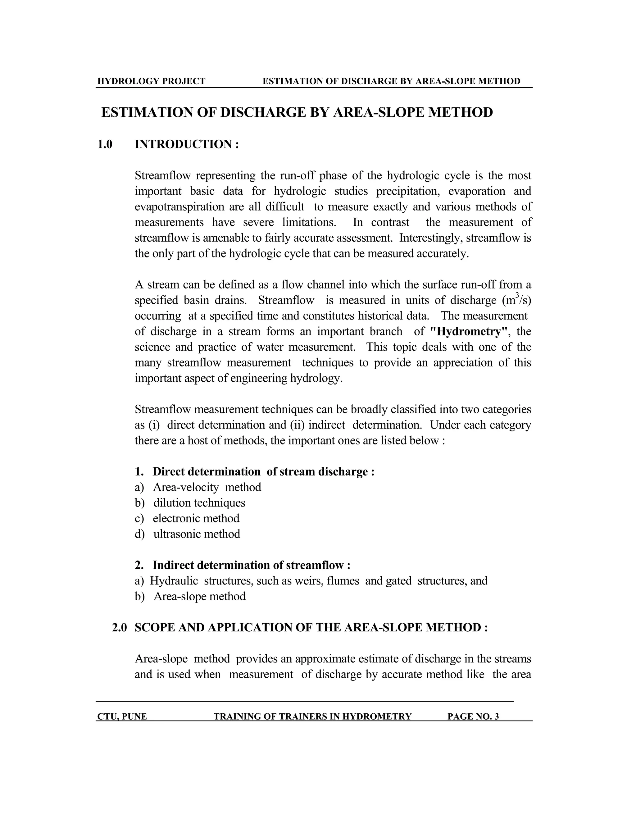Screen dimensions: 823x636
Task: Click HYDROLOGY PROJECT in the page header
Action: tap(151, 81)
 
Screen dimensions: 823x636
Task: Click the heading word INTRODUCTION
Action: tap(183, 144)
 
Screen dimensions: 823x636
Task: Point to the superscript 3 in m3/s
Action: tap(517, 295)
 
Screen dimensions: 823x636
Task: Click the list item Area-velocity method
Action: tap(207, 487)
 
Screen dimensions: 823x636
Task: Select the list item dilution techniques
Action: tap(199, 503)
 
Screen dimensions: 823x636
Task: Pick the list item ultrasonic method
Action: tap(196, 534)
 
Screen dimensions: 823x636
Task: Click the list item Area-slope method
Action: tap(199, 596)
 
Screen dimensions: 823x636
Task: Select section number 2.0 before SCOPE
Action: tap(120, 627)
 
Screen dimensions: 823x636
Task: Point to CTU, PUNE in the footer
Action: tap(122, 716)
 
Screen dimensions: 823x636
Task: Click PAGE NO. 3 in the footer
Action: tap(473, 716)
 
